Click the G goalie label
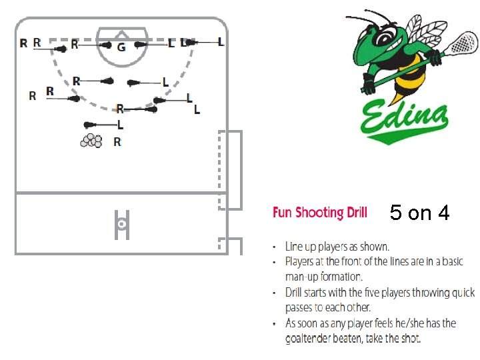point(121,48)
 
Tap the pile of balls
point(91,140)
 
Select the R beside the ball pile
point(117,141)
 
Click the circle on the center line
point(122,225)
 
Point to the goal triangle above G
point(121,33)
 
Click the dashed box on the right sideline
point(231,169)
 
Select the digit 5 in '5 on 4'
point(396,213)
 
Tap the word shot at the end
point(409,339)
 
